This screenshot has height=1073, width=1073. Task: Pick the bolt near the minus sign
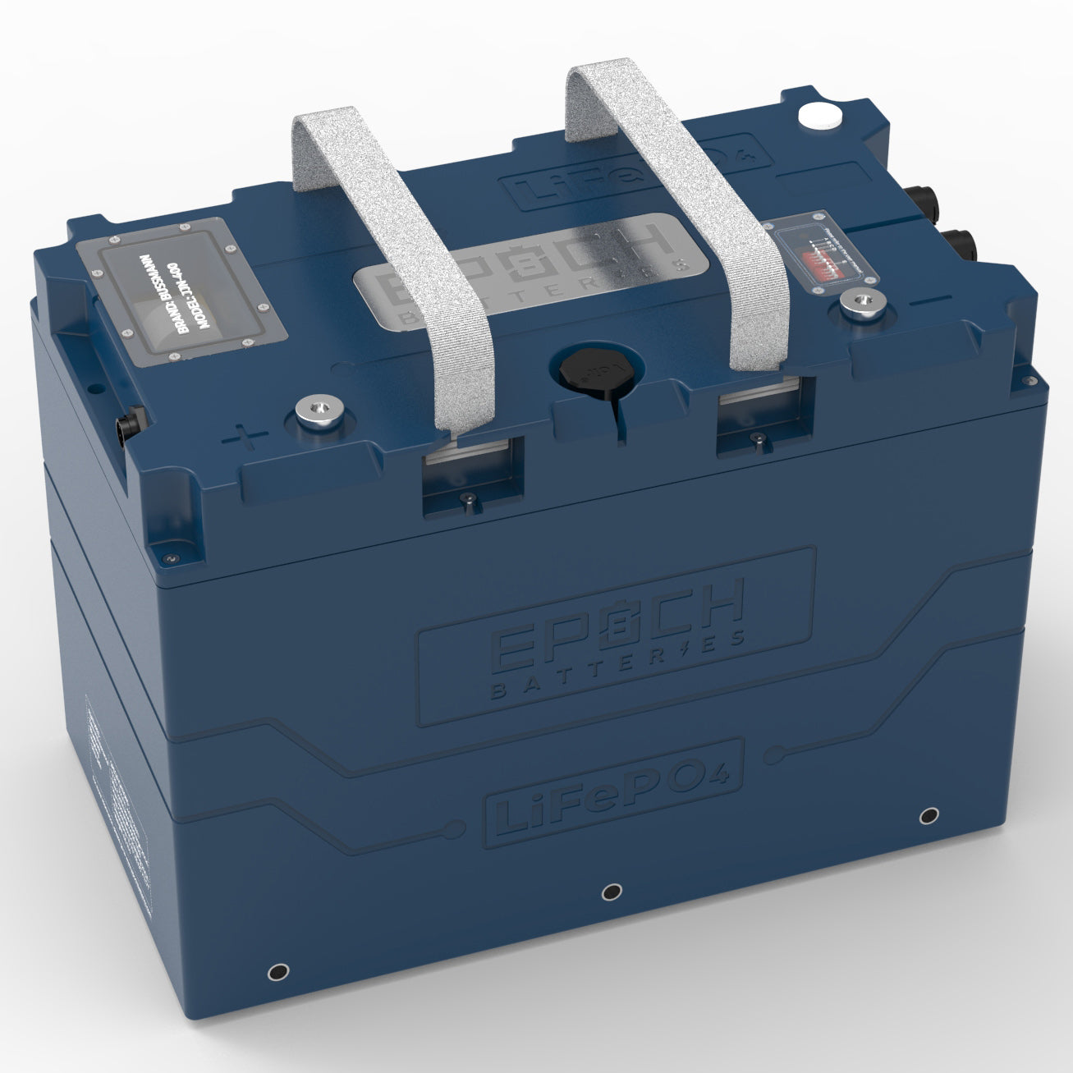[x=857, y=309]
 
